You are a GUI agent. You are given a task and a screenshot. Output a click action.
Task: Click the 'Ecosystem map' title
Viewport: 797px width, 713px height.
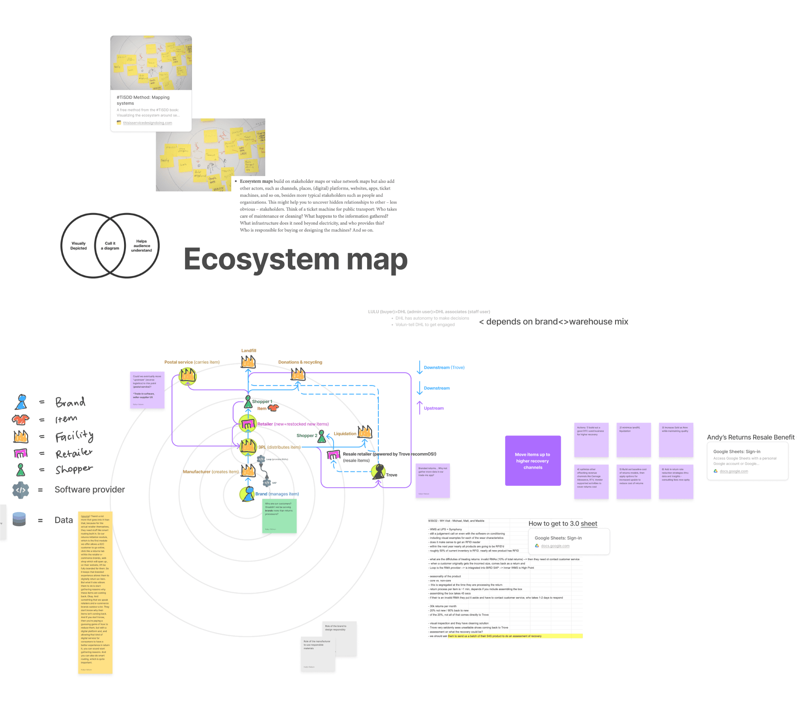[296, 260]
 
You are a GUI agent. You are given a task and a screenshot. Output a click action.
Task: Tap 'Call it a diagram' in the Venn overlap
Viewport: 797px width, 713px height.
[110, 246]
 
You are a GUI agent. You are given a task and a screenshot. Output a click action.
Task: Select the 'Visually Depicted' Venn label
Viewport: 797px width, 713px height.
[78, 246]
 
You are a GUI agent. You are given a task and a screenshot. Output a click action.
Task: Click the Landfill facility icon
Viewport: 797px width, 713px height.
[248, 361]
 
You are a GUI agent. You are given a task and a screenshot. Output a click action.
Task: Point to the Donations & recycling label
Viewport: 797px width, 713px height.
[300, 362]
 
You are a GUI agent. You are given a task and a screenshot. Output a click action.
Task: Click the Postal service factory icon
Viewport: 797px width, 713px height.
[187, 376]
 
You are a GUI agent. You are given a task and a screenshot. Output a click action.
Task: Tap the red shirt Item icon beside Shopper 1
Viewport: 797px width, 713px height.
[273, 408]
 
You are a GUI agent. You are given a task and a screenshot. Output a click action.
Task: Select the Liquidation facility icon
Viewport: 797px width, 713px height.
[365, 432]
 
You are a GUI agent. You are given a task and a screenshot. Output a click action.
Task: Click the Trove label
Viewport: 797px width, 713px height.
[391, 475]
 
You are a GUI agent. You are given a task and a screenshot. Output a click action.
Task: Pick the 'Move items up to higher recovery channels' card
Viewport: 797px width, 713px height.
[533, 461]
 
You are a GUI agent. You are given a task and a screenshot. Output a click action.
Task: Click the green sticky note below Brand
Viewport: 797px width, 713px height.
[279, 516]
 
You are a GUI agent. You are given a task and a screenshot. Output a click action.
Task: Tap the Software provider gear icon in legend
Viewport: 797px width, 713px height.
[21, 490]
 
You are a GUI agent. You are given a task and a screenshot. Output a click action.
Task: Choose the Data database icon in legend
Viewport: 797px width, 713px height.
[19, 519]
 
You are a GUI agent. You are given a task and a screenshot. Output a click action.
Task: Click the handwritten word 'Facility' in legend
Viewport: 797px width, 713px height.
[74, 436]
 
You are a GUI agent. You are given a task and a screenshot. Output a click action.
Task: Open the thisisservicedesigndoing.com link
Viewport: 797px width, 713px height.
[148, 123]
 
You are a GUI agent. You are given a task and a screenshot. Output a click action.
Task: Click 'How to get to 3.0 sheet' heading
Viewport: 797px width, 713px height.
[563, 523]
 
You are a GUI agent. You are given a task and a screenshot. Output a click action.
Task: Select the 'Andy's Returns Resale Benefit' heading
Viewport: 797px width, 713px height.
[750, 437]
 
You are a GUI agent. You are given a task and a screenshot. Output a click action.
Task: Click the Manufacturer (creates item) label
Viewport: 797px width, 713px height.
[210, 472]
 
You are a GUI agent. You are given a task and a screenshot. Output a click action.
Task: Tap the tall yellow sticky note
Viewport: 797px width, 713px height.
[95, 593]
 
